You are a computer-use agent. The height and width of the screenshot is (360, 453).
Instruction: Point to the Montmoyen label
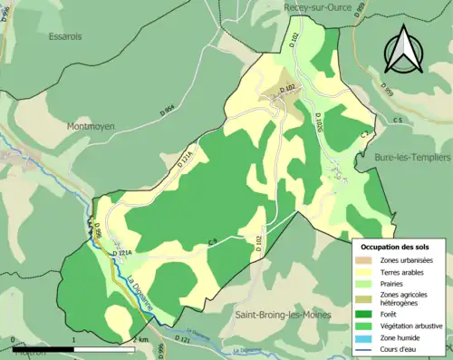click(91, 127)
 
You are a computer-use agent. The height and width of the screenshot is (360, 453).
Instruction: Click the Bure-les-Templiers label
click(412, 157)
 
